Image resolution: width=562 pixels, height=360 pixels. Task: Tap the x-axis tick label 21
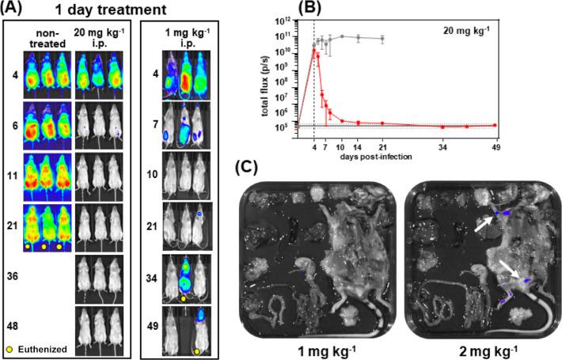[x=383, y=146]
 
